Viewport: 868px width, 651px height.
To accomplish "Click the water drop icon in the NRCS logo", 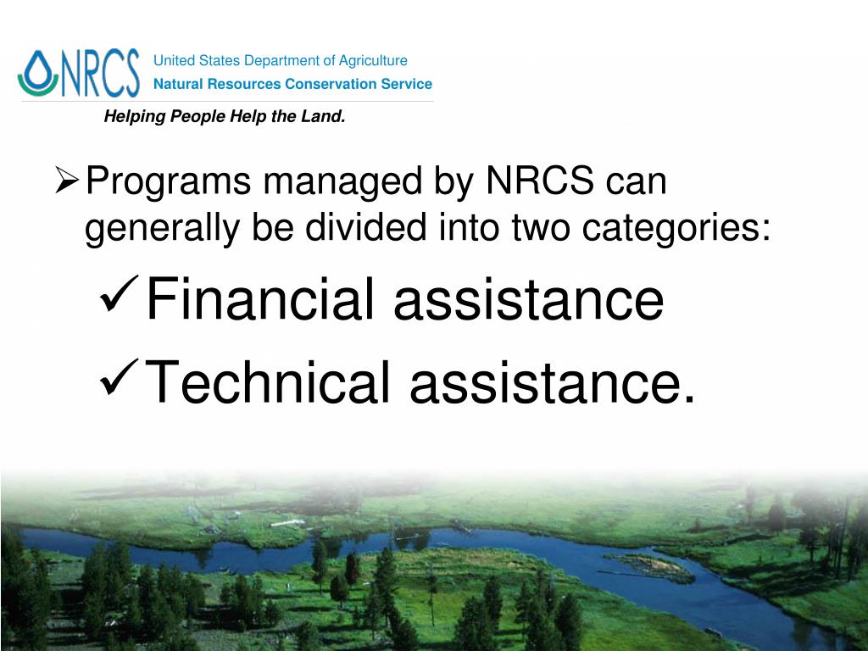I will (x=38, y=73).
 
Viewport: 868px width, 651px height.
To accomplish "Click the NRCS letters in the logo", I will (x=100, y=74).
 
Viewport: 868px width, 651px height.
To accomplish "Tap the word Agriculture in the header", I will (x=373, y=61).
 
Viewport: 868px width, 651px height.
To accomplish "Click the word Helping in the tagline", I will (x=135, y=117).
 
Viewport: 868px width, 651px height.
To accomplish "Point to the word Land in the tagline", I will (x=322, y=117).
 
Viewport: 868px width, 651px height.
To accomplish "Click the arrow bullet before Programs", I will (x=67, y=181).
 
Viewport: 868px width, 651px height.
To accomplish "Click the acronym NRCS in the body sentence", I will (x=540, y=181).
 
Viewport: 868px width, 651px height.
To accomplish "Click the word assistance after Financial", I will (x=528, y=300).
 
